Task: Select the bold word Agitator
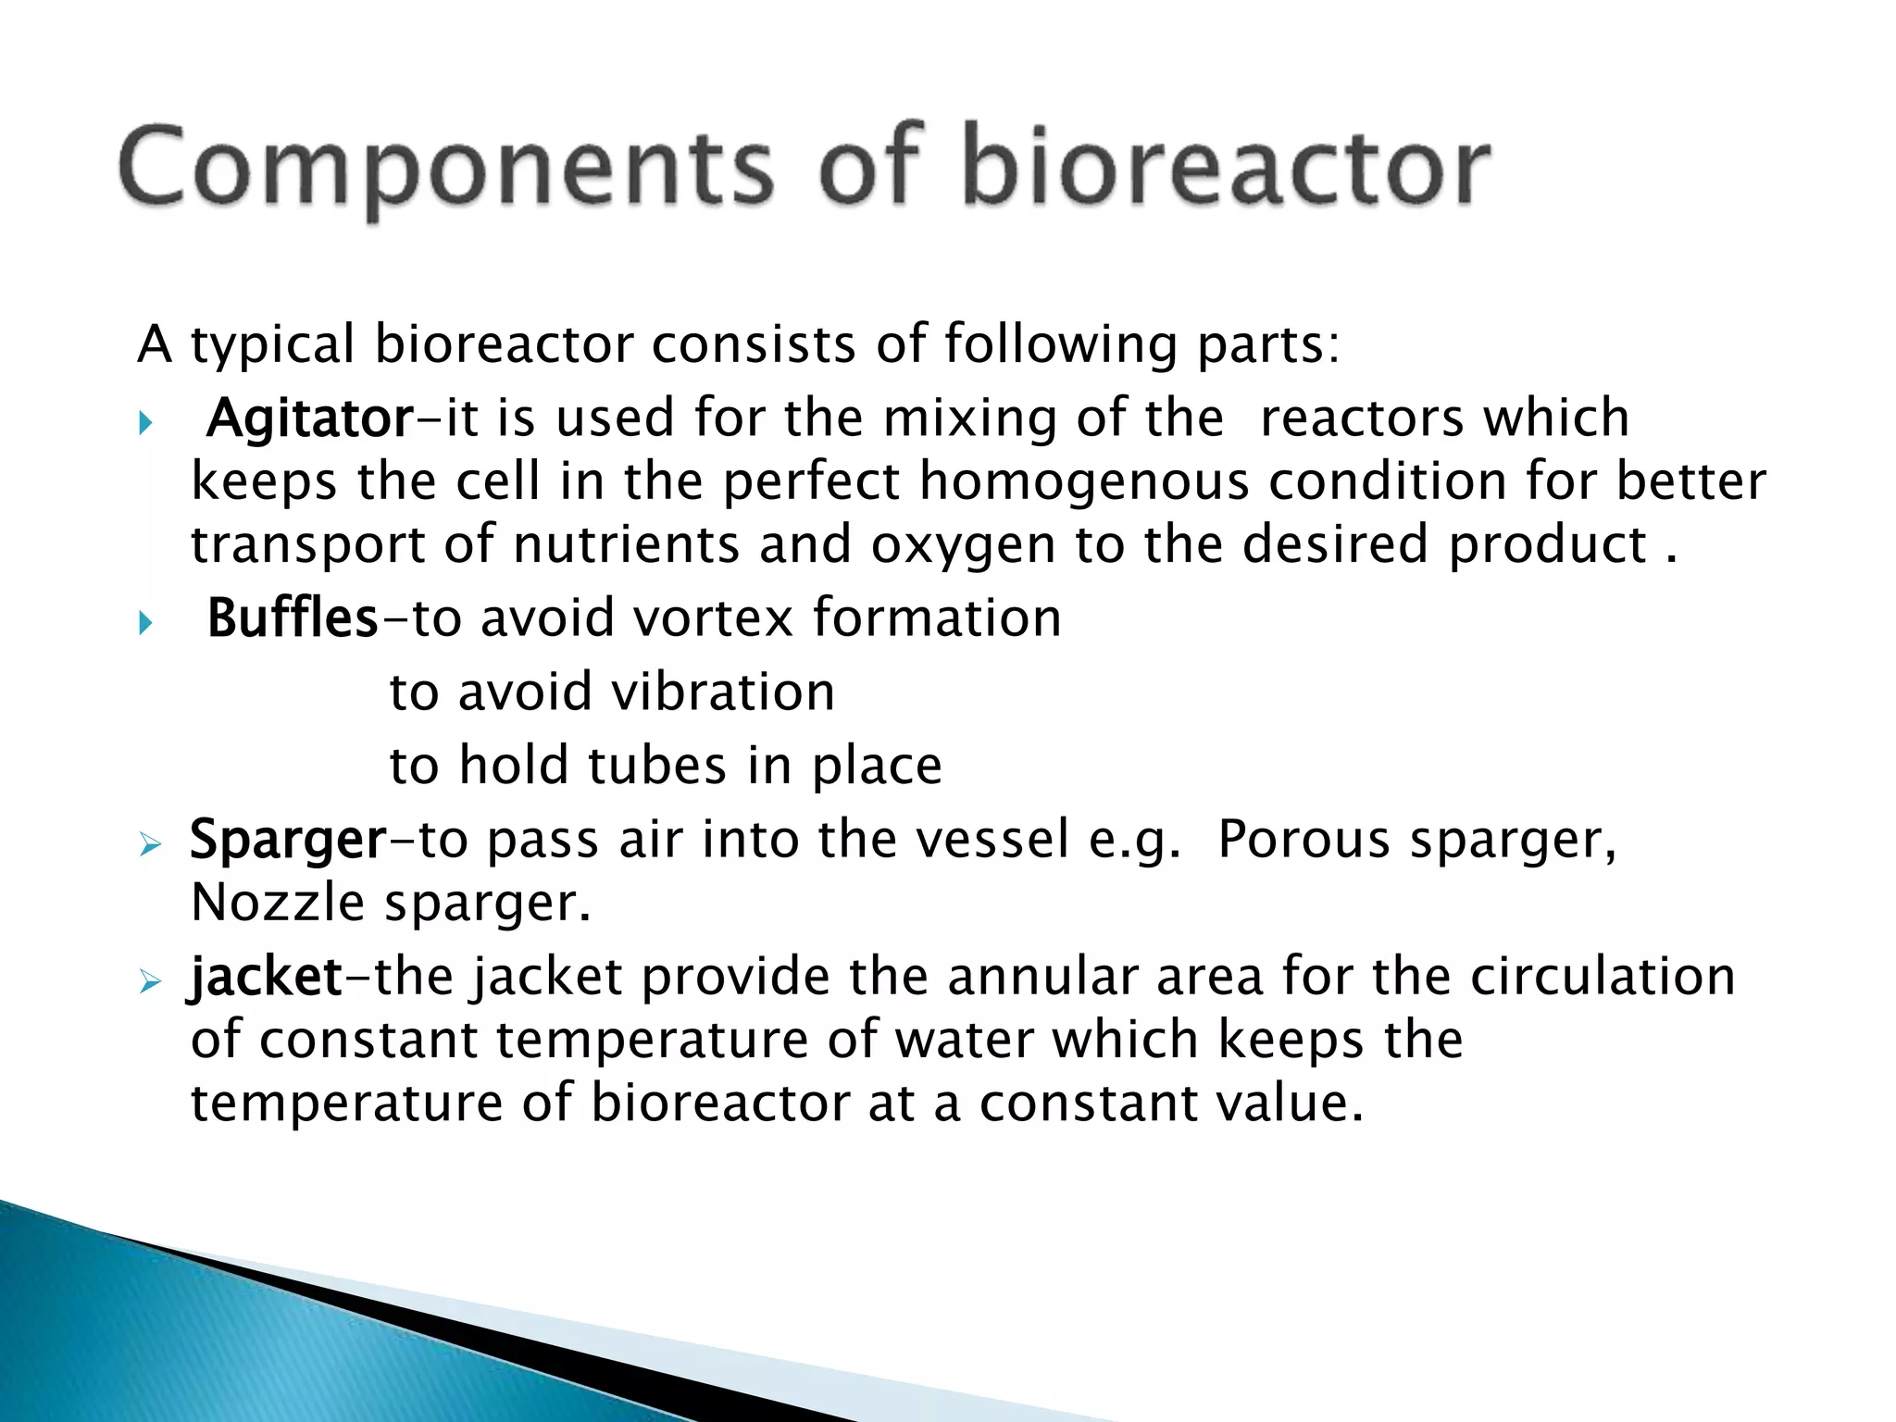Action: [x=310, y=418]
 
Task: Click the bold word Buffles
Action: [x=292, y=618]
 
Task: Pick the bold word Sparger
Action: [x=288, y=841]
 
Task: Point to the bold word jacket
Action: [x=266, y=978]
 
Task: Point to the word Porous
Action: [x=1303, y=841]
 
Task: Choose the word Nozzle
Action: [x=278, y=904]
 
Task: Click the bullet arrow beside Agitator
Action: [x=145, y=424]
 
